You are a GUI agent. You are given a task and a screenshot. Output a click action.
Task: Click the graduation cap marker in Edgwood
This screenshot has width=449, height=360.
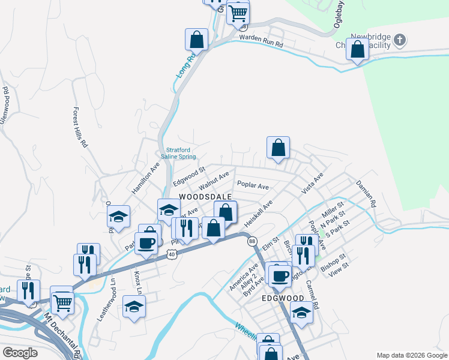pos(301,312)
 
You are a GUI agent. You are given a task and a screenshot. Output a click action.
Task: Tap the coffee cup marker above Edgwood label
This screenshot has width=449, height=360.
pos(278,275)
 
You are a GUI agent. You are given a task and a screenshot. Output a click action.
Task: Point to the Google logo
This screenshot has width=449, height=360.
pos(20,352)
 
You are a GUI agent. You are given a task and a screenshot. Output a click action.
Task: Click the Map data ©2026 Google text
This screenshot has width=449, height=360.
pos(412,355)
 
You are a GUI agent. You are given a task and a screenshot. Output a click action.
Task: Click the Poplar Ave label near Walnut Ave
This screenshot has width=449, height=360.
pos(253,186)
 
